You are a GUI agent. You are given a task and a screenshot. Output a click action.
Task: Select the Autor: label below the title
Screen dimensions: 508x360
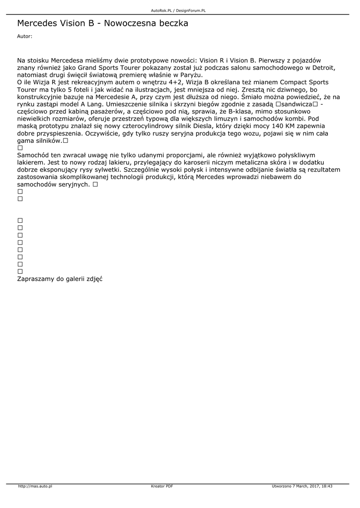coord(25,36)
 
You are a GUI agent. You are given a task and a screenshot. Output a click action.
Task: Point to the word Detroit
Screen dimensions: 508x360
coord(323,67)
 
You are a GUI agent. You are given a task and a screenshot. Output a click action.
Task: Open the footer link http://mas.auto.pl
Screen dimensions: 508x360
coord(35,486)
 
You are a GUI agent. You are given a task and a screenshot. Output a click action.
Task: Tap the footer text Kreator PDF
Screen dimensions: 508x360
coord(162,486)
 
